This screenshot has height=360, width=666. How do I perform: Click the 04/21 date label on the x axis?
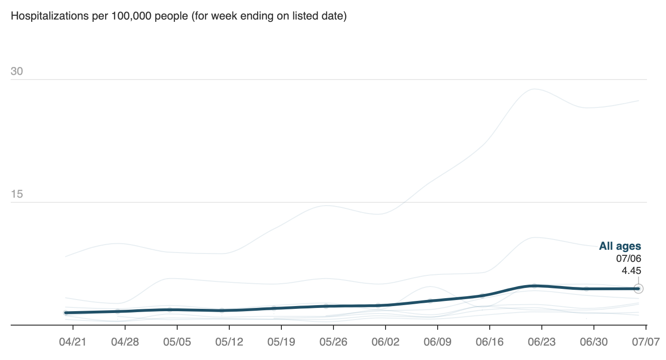73,342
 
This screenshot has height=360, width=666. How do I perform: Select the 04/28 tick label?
125,342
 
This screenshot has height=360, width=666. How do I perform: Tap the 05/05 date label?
177,342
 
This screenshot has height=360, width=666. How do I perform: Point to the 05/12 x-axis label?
229,342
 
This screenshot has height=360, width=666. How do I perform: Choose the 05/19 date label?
281,342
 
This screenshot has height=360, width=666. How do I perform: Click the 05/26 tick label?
333,342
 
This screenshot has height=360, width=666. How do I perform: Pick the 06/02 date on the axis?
386,342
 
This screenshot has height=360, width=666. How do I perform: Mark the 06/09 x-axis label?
438,342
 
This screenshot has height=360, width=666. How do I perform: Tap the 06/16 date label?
490,342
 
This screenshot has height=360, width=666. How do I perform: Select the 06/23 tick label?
542,342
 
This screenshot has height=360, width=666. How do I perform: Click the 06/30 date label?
594,342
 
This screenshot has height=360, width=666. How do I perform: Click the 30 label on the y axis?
17,72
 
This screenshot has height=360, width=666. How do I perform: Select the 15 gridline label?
17,194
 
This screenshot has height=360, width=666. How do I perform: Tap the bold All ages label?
620,247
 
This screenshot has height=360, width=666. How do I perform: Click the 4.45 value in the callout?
631,271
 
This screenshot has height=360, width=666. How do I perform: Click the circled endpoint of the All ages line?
639,289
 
